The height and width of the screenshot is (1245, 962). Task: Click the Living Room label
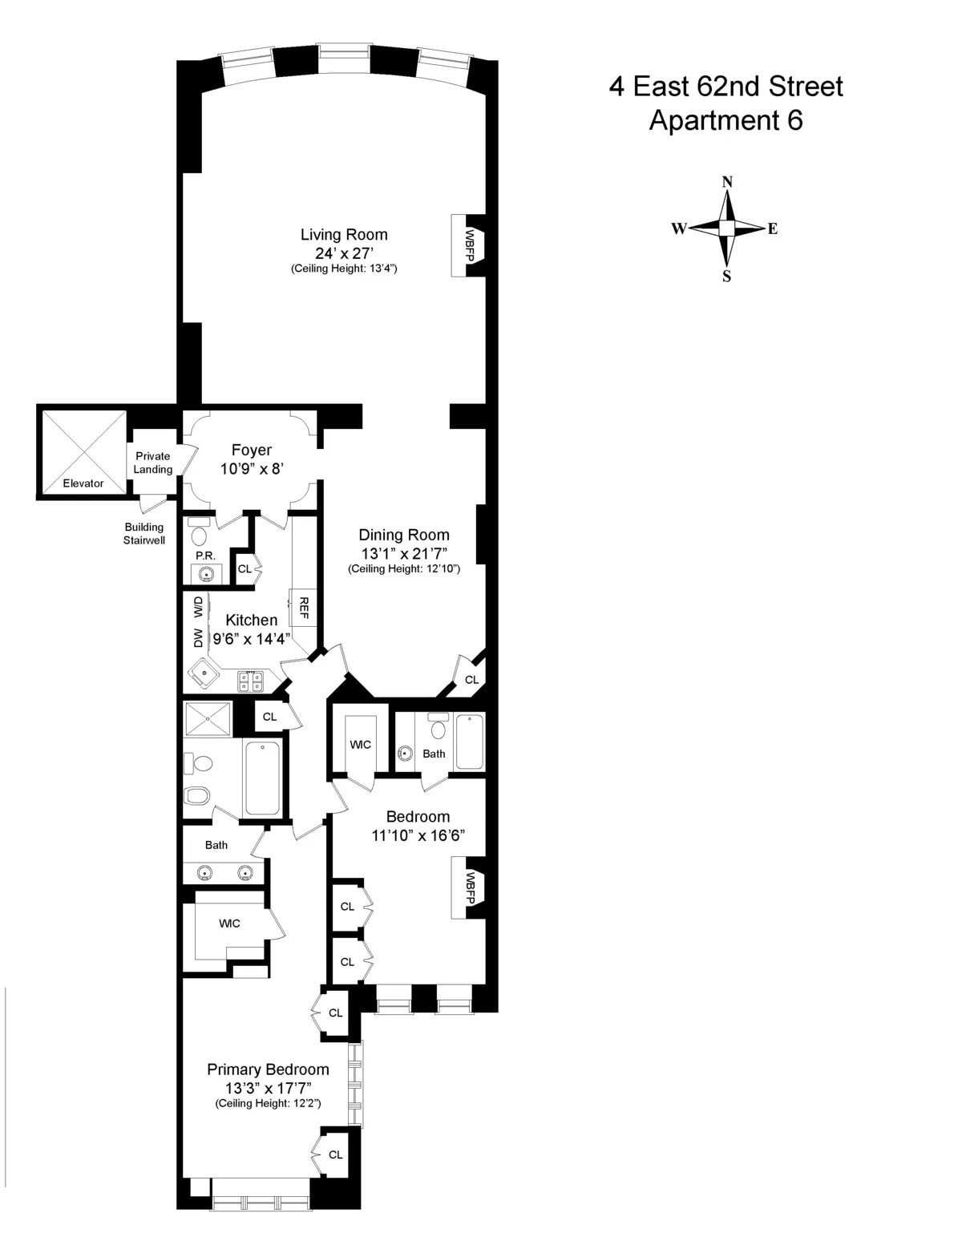point(344,235)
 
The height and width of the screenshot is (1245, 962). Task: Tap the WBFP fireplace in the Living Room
point(470,245)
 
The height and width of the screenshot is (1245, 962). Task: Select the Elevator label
point(83,483)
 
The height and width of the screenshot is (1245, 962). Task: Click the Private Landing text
point(152,463)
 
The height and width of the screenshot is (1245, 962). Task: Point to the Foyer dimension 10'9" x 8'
point(252,469)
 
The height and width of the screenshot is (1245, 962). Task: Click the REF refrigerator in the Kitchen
point(304,608)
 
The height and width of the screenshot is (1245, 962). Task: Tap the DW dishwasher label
point(198,637)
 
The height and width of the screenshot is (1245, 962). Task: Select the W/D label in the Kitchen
point(198,607)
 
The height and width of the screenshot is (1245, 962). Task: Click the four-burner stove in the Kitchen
point(250,681)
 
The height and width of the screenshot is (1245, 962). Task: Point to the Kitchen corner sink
point(205,674)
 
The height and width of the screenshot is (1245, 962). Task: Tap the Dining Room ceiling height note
point(403,569)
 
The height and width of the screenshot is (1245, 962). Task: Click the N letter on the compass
point(727,182)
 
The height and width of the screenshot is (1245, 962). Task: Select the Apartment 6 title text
point(726,120)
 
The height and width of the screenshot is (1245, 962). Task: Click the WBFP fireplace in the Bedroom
point(470,887)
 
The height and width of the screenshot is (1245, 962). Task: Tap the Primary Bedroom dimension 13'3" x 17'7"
point(268,1088)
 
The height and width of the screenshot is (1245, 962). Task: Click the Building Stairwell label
point(143,533)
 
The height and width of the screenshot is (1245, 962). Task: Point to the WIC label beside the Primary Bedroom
point(229,924)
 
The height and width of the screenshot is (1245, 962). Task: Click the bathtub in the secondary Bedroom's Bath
point(470,742)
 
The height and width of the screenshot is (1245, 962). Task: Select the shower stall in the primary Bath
point(208,718)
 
